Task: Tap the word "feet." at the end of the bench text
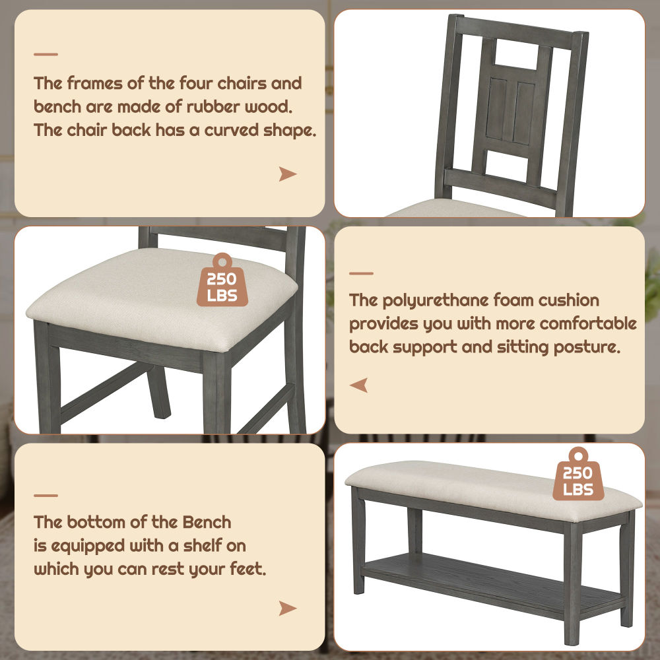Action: pos(248,569)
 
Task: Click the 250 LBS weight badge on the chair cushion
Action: pos(222,279)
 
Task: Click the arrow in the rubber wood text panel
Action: pos(287,174)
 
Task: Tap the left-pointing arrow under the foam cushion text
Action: pos(359,385)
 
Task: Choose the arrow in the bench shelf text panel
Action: pos(287,609)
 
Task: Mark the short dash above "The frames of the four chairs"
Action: pos(46,54)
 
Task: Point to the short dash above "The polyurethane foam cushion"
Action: pos(361,274)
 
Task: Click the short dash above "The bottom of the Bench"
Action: pos(46,496)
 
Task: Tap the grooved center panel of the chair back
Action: pos(511,112)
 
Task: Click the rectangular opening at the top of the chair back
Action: pos(517,55)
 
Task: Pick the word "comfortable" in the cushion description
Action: pos(588,323)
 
